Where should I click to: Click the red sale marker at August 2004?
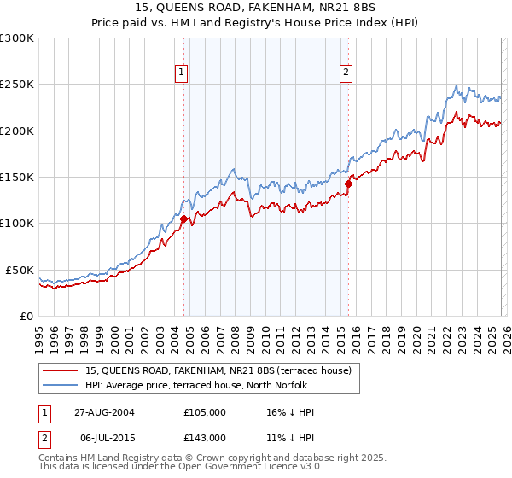click(183, 219)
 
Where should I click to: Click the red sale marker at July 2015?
click(348, 184)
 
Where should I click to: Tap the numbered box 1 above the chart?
click(183, 73)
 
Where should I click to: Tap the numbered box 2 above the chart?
click(346, 73)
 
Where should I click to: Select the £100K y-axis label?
click(17, 224)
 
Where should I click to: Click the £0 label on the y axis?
click(26, 316)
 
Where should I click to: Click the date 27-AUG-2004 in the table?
click(103, 412)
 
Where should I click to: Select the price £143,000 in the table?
click(204, 437)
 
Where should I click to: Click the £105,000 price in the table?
click(204, 412)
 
